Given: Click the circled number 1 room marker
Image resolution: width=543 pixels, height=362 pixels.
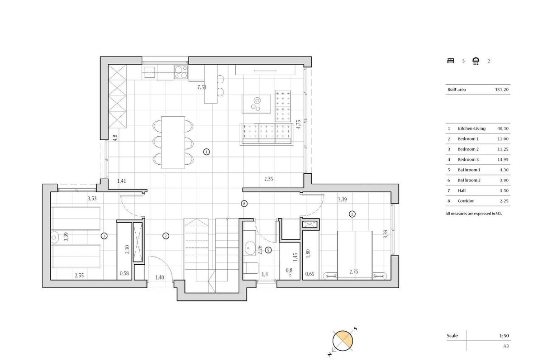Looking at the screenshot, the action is [x=206, y=152].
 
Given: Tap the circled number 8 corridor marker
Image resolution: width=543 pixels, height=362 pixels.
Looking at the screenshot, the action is [x=244, y=204].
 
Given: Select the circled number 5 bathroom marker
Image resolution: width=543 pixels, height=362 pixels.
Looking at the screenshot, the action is [x=268, y=250].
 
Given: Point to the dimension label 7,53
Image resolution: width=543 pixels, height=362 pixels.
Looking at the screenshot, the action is [x=202, y=87].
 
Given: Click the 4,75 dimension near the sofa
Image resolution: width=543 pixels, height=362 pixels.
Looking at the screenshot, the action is [x=298, y=124].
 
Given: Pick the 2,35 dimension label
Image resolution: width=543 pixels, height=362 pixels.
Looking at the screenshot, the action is [x=269, y=179].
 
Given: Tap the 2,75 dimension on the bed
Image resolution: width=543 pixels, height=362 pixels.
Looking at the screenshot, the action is [x=354, y=272].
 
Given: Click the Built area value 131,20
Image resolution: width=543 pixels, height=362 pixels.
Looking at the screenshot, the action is [x=501, y=90].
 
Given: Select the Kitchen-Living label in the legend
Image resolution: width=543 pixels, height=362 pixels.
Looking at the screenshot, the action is [x=472, y=129].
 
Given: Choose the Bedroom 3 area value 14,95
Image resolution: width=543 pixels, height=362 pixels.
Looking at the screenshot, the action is [x=503, y=160].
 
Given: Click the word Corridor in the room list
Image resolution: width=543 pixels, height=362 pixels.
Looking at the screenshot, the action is [x=466, y=201].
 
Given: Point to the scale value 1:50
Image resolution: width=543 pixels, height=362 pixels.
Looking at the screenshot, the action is [x=504, y=336].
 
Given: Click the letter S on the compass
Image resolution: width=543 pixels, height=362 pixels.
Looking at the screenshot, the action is [x=356, y=329].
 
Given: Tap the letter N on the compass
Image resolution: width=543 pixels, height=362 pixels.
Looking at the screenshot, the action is [x=329, y=354].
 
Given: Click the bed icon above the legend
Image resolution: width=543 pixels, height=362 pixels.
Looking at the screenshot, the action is [x=451, y=61].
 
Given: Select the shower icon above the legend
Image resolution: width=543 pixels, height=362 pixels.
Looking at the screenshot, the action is [x=476, y=61].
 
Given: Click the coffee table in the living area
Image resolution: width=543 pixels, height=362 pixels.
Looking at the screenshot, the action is [x=256, y=104].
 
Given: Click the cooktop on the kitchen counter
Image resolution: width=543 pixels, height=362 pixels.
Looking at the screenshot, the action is [x=181, y=72].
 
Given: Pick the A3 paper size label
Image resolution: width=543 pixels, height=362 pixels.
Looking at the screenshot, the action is [x=506, y=346].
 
